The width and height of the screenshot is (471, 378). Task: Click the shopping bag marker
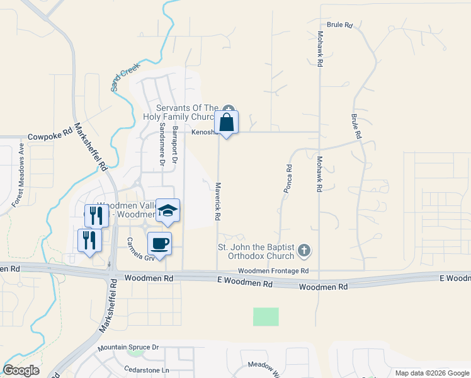click(227, 123)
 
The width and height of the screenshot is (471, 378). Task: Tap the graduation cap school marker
click(167, 211)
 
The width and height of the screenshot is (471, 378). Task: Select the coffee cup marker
click(159, 244)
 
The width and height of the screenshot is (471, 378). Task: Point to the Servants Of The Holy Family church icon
click(228, 108)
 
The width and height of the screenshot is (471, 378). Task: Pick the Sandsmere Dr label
click(162, 145)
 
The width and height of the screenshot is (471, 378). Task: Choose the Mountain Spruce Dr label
click(128, 347)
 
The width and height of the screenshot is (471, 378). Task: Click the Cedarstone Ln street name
click(147, 370)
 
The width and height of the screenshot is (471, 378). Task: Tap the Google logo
click(21, 370)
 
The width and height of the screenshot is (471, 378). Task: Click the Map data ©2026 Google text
click(432, 372)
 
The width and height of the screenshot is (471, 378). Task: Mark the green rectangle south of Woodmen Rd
click(266, 317)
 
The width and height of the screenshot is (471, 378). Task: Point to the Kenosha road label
click(204, 132)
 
